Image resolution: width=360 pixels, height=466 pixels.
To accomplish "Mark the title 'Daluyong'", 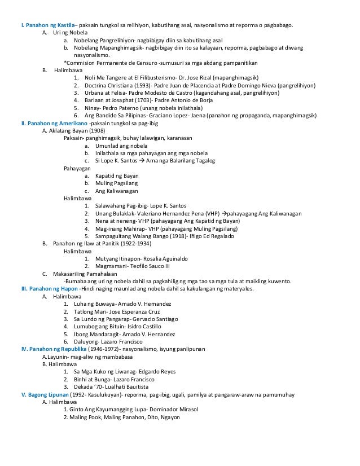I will (87, 342).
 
